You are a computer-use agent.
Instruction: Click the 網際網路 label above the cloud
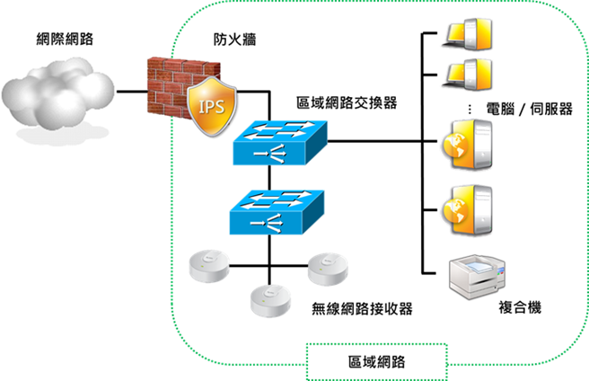pyautogui.click(x=65, y=39)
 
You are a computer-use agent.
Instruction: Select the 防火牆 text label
pyautogui.click(x=234, y=40)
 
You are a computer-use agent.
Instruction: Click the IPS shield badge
pyautogui.click(x=212, y=106)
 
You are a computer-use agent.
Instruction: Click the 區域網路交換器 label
pyautogui.click(x=347, y=102)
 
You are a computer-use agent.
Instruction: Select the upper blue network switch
pyautogui.click(x=280, y=143)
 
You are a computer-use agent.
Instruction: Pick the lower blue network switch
pyautogui.click(x=277, y=212)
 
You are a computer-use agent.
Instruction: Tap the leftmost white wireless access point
pyautogui.click(x=209, y=266)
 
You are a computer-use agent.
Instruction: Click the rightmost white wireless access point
pyautogui.click(x=328, y=269)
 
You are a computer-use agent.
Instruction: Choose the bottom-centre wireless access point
pyautogui.click(x=270, y=301)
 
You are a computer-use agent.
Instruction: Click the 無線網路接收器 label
pyautogui.click(x=362, y=309)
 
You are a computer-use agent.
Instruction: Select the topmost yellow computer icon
pyautogui.click(x=467, y=34)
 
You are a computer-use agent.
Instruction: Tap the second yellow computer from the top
pyautogui.click(x=467, y=75)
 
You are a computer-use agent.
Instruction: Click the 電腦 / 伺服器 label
pyautogui.click(x=529, y=109)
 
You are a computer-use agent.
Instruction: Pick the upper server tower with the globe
pyautogui.click(x=467, y=145)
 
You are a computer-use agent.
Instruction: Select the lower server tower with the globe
pyautogui.click(x=467, y=210)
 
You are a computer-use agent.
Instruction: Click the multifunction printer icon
pyautogui.click(x=478, y=277)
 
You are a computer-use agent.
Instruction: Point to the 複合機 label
pyautogui.click(x=520, y=307)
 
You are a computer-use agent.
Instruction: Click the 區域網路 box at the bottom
pyautogui.click(x=377, y=362)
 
